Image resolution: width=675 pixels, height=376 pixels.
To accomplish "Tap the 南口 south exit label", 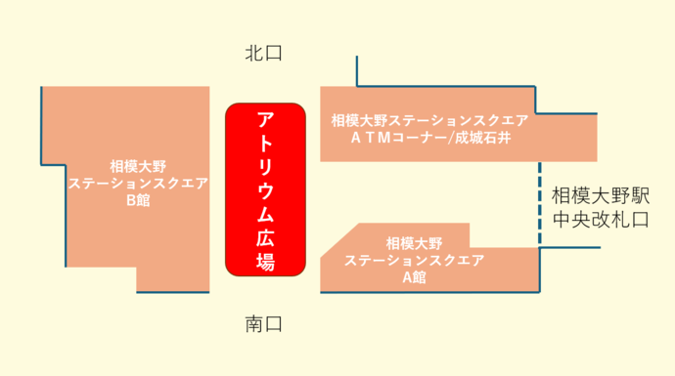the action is tap(263, 324).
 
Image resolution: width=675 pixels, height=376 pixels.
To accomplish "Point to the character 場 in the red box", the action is tap(265, 262).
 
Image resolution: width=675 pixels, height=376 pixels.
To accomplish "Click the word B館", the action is tap(138, 201).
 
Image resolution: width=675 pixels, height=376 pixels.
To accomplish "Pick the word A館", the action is tap(414, 276).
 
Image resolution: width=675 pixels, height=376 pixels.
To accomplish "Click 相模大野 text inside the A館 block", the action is tap(414, 242).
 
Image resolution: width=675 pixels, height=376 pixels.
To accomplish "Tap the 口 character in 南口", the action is tap(274, 324).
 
